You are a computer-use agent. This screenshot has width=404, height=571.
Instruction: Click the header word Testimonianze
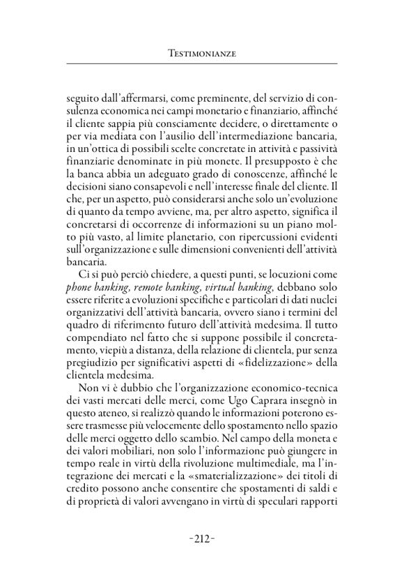[x=201, y=53]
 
